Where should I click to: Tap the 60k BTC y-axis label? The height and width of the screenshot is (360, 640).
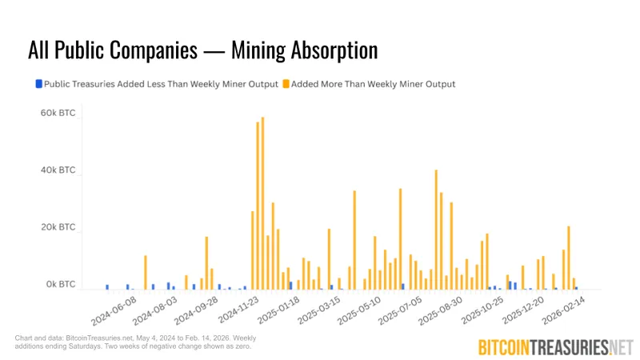[x=58, y=114]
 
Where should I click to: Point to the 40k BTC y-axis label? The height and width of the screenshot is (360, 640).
[x=58, y=171]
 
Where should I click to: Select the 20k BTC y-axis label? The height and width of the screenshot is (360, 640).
[x=58, y=228]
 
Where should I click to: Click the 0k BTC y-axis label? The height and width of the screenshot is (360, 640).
[x=60, y=285]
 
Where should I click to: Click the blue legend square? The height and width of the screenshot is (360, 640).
[x=38, y=83]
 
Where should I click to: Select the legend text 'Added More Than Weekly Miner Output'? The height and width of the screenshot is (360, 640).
[x=373, y=84]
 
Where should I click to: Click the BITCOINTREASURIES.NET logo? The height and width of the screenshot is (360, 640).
[x=554, y=346]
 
